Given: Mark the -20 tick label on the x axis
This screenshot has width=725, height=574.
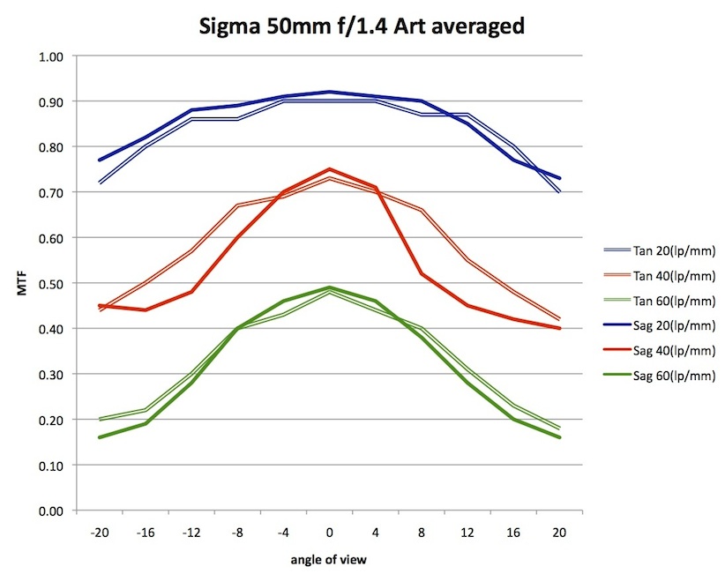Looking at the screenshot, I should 100,533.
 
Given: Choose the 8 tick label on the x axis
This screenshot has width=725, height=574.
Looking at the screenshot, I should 421,533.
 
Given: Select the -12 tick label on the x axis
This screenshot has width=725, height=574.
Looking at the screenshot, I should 191,533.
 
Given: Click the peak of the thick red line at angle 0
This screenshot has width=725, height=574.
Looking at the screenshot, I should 329,169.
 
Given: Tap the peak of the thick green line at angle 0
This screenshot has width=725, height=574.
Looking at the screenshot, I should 329,287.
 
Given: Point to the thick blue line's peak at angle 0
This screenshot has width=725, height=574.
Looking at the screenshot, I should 329,92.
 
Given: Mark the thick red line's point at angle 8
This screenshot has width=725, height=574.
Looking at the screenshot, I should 421,273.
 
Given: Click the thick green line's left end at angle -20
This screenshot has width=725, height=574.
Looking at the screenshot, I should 100,437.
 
